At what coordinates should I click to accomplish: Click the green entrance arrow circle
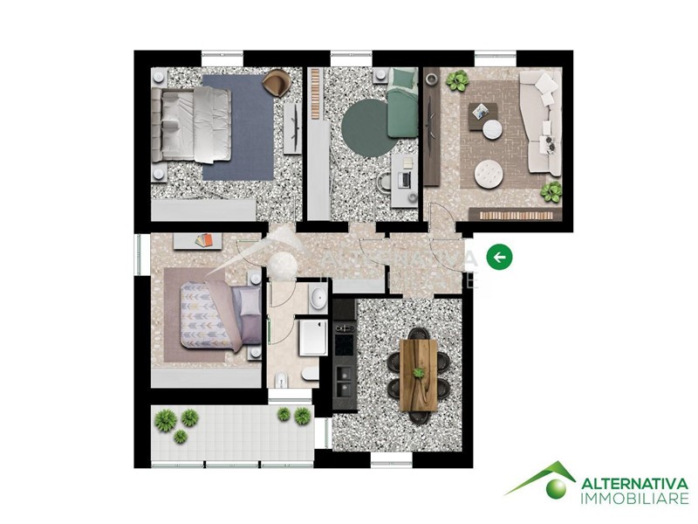pyautogui.click(x=499, y=257)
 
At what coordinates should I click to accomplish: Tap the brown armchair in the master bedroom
pyautogui.click(x=277, y=83)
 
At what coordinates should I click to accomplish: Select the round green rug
pyautogui.click(x=365, y=128)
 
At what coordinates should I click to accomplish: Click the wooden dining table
pyautogui.click(x=418, y=376)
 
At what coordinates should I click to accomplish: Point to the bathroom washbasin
pyautogui.click(x=318, y=299)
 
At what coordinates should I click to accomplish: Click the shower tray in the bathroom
pyautogui.click(x=313, y=337)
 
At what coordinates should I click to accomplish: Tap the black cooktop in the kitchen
pyautogui.click(x=345, y=344)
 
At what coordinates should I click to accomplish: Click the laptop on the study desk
pyautogui.click(x=406, y=180)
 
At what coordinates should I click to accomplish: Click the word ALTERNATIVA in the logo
pyautogui.click(x=635, y=484)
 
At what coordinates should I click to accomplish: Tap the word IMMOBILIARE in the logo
pyautogui.click(x=635, y=499)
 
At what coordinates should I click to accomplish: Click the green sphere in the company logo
pyautogui.click(x=556, y=488)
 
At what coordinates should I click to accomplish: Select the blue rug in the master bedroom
pyautogui.click(x=238, y=128)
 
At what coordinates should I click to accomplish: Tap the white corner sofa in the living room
pyautogui.click(x=542, y=122)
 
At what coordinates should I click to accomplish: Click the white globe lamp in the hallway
pyautogui.click(x=283, y=265)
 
